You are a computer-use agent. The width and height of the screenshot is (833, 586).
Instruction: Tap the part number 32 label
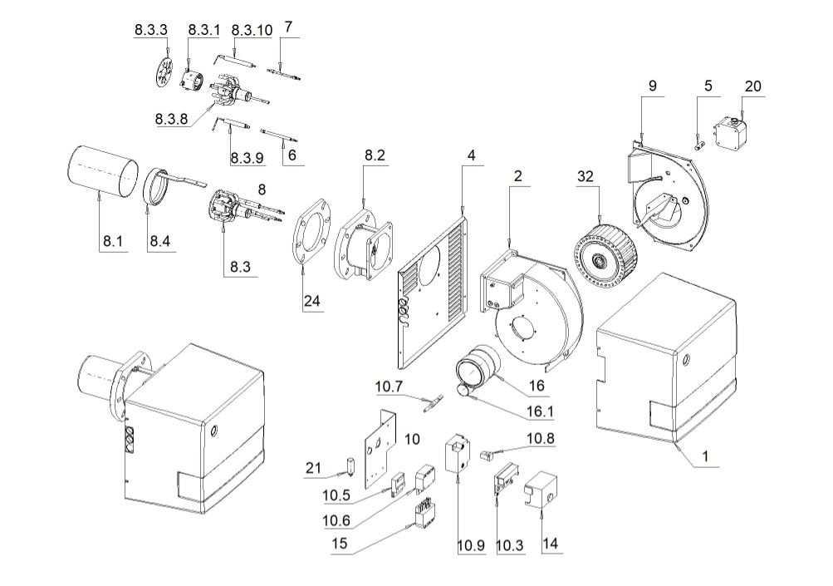click(586, 176)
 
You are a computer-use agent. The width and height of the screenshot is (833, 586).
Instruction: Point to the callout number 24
click(311, 300)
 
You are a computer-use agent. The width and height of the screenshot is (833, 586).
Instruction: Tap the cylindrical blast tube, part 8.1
click(101, 170)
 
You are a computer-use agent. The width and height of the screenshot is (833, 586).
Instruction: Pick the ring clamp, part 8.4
click(157, 186)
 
